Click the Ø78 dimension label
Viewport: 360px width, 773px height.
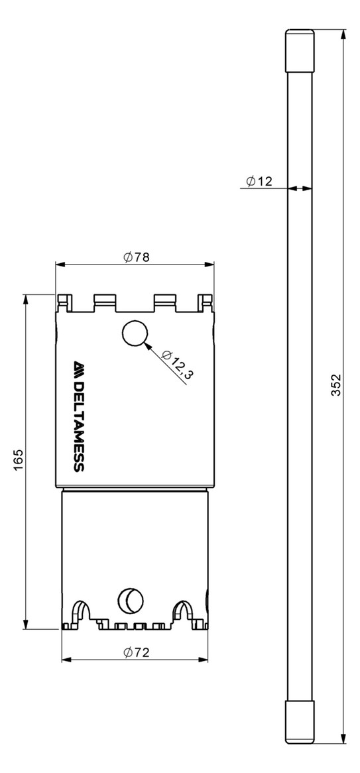click(136, 257)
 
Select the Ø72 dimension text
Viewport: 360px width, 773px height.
click(136, 652)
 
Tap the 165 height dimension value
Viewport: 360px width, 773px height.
click(18, 460)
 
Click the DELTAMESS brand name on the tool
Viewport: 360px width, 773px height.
click(78, 424)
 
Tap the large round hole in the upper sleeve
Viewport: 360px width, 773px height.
click(134, 334)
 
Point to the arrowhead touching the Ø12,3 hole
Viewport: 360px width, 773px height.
click(150, 345)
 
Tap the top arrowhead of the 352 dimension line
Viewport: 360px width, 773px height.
click(343, 34)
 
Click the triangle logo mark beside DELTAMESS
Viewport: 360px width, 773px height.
click(78, 367)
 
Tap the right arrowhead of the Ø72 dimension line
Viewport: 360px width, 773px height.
click(205, 660)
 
